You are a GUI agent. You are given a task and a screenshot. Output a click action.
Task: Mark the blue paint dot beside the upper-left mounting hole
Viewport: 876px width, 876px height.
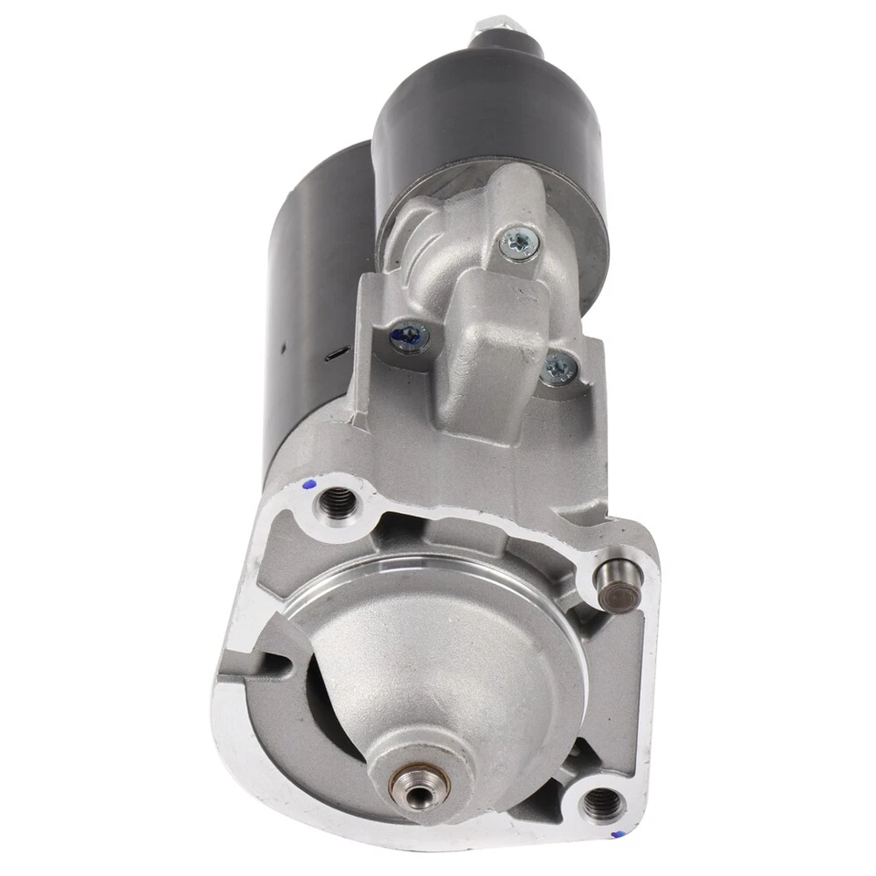pyautogui.click(x=308, y=485)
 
